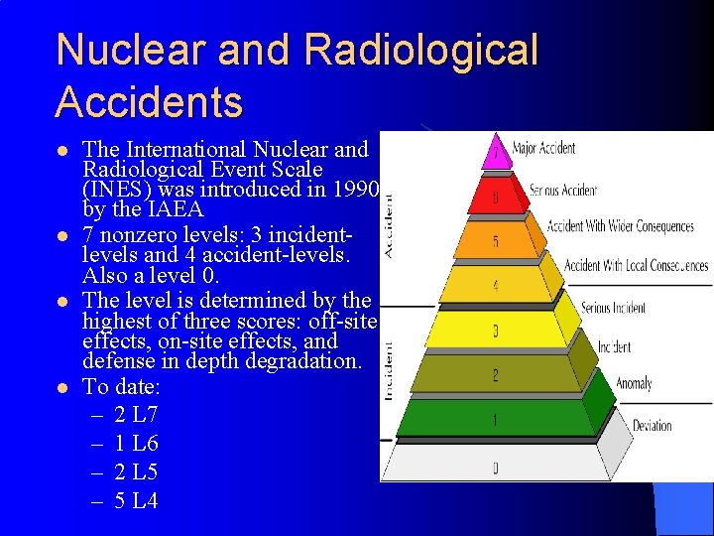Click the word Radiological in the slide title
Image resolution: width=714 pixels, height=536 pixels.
pos(421,51)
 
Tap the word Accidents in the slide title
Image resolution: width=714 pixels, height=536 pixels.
pos(150,101)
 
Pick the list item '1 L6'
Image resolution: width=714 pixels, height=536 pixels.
pos(136,444)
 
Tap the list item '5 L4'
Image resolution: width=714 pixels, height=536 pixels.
pos(136,501)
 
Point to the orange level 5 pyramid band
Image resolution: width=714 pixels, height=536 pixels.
pos(496,241)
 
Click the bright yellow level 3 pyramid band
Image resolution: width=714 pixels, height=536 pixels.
pos(496,330)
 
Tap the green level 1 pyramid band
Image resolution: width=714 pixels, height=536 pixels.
pos(496,421)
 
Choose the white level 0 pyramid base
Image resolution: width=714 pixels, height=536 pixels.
pos(496,464)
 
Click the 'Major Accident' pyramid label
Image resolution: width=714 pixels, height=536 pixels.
pos(544,149)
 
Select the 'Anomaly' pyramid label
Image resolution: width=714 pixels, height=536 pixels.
pos(634,383)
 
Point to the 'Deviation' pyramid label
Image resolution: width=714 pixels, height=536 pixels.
pos(653,426)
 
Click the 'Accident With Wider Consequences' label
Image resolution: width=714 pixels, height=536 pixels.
pos(621,226)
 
